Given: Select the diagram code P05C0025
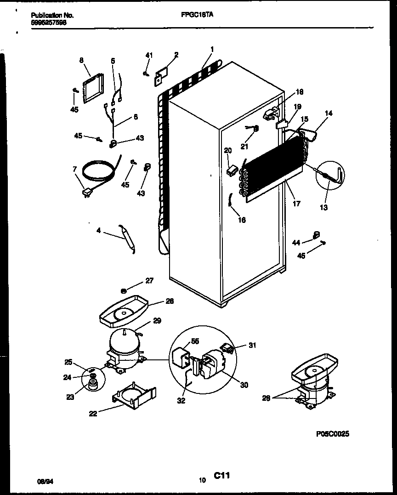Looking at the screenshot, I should point(335,433).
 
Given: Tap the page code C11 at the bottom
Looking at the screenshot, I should point(221,476).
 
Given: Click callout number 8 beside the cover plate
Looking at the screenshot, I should point(81,60).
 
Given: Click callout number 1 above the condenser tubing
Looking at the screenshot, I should point(212,49).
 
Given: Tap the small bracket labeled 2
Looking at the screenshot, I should point(161,74).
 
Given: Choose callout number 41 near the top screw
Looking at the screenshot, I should point(148,55).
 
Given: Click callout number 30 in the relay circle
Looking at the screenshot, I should point(244,385).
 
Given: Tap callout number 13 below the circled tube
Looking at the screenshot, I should point(324,207).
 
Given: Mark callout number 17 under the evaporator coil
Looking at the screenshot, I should point(296,203).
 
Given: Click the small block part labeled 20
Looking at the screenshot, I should point(231,170).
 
